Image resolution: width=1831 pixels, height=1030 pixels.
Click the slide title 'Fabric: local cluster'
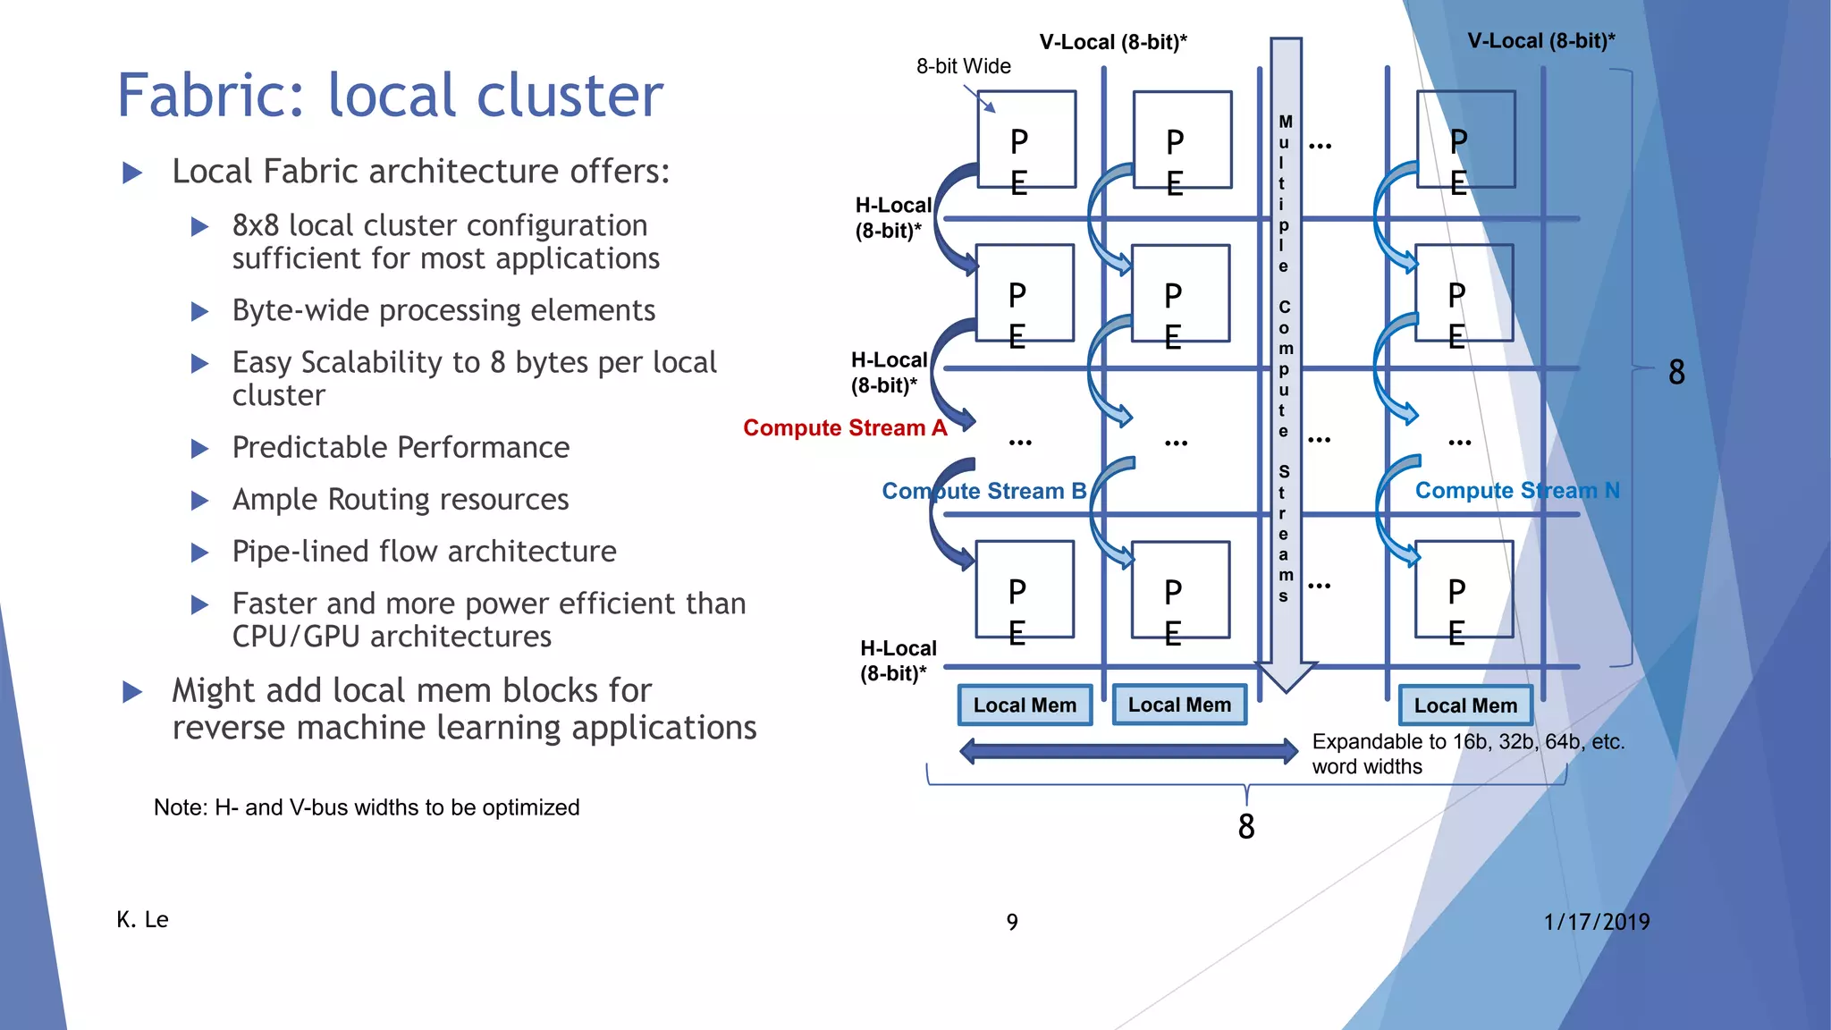pos(390,95)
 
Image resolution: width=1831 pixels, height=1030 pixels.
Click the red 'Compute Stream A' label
pos(844,428)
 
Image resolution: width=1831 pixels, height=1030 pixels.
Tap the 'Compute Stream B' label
pos(983,491)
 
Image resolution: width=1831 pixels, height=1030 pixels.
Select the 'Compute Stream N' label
pos(1516,490)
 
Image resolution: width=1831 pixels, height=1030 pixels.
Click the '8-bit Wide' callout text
pos(963,66)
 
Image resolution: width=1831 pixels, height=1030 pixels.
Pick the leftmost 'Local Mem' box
pos(1025,705)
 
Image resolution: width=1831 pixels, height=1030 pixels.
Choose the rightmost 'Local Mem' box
pos(1465,705)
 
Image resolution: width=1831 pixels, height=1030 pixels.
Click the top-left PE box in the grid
pos(1026,139)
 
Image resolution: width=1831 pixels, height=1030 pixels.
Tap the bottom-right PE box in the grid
pos(1464,589)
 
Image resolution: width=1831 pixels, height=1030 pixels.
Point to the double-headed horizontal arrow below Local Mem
pos(1128,750)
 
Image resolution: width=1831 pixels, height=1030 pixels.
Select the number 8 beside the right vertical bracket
pos(1676,372)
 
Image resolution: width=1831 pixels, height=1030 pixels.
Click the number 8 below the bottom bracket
pos(1246,826)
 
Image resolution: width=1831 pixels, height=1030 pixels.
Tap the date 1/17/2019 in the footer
pos(1596,922)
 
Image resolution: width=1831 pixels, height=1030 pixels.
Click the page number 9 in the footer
pos(1012,922)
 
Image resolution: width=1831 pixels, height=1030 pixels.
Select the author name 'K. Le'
pos(142,920)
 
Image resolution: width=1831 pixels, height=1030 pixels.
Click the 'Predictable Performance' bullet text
pos(401,447)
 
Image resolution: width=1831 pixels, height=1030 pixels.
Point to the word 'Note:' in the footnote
pos(181,807)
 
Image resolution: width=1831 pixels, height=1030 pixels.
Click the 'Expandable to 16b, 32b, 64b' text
pos(1467,742)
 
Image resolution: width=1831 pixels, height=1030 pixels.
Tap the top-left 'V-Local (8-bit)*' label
pos(1112,42)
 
